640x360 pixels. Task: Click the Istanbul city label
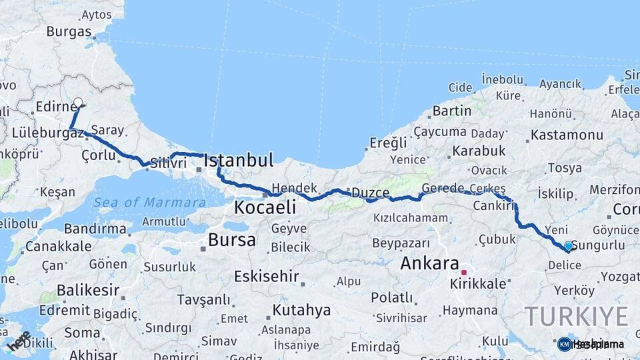click(238, 160)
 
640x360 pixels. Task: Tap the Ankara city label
click(429, 263)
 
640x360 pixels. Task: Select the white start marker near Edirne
click(78, 103)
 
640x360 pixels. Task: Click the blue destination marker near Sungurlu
click(568, 246)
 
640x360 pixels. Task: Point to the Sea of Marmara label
click(149, 203)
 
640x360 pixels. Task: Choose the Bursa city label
click(231, 240)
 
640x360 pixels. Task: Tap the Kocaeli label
click(265, 208)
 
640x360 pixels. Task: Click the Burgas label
click(69, 31)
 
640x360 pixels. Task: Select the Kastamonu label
click(567, 135)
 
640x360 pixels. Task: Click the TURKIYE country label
click(576, 315)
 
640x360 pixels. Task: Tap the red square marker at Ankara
click(464, 272)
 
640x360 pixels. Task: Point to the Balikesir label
click(88, 291)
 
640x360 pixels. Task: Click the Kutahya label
click(301, 310)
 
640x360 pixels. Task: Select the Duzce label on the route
click(370, 193)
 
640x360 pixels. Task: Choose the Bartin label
click(452, 111)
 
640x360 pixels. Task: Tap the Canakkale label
click(59, 246)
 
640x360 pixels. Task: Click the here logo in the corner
click(19, 340)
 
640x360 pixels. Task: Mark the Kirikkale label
click(477, 284)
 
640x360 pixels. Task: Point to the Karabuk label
click(479, 151)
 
